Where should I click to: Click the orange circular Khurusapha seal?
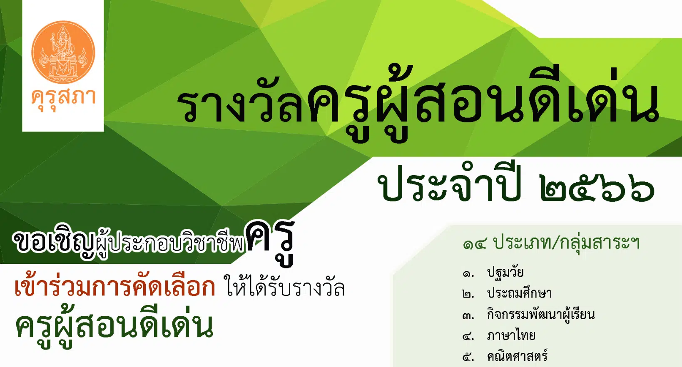click(63, 52)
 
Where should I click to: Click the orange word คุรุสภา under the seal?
click(63, 99)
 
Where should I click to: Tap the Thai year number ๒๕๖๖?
click(597, 190)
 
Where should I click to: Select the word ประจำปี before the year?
click(449, 183)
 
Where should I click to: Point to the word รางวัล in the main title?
click(241, 104)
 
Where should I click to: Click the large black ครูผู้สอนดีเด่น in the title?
click(483, 104)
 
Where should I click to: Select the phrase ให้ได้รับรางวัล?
click(284, 286)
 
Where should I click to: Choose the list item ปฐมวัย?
click(505, 273)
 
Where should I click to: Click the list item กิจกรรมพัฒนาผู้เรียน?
click(541, 314)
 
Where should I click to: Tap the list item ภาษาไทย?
click(511, 336)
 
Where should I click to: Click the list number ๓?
click(468, 317)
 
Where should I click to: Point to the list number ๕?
click(468, 358)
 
